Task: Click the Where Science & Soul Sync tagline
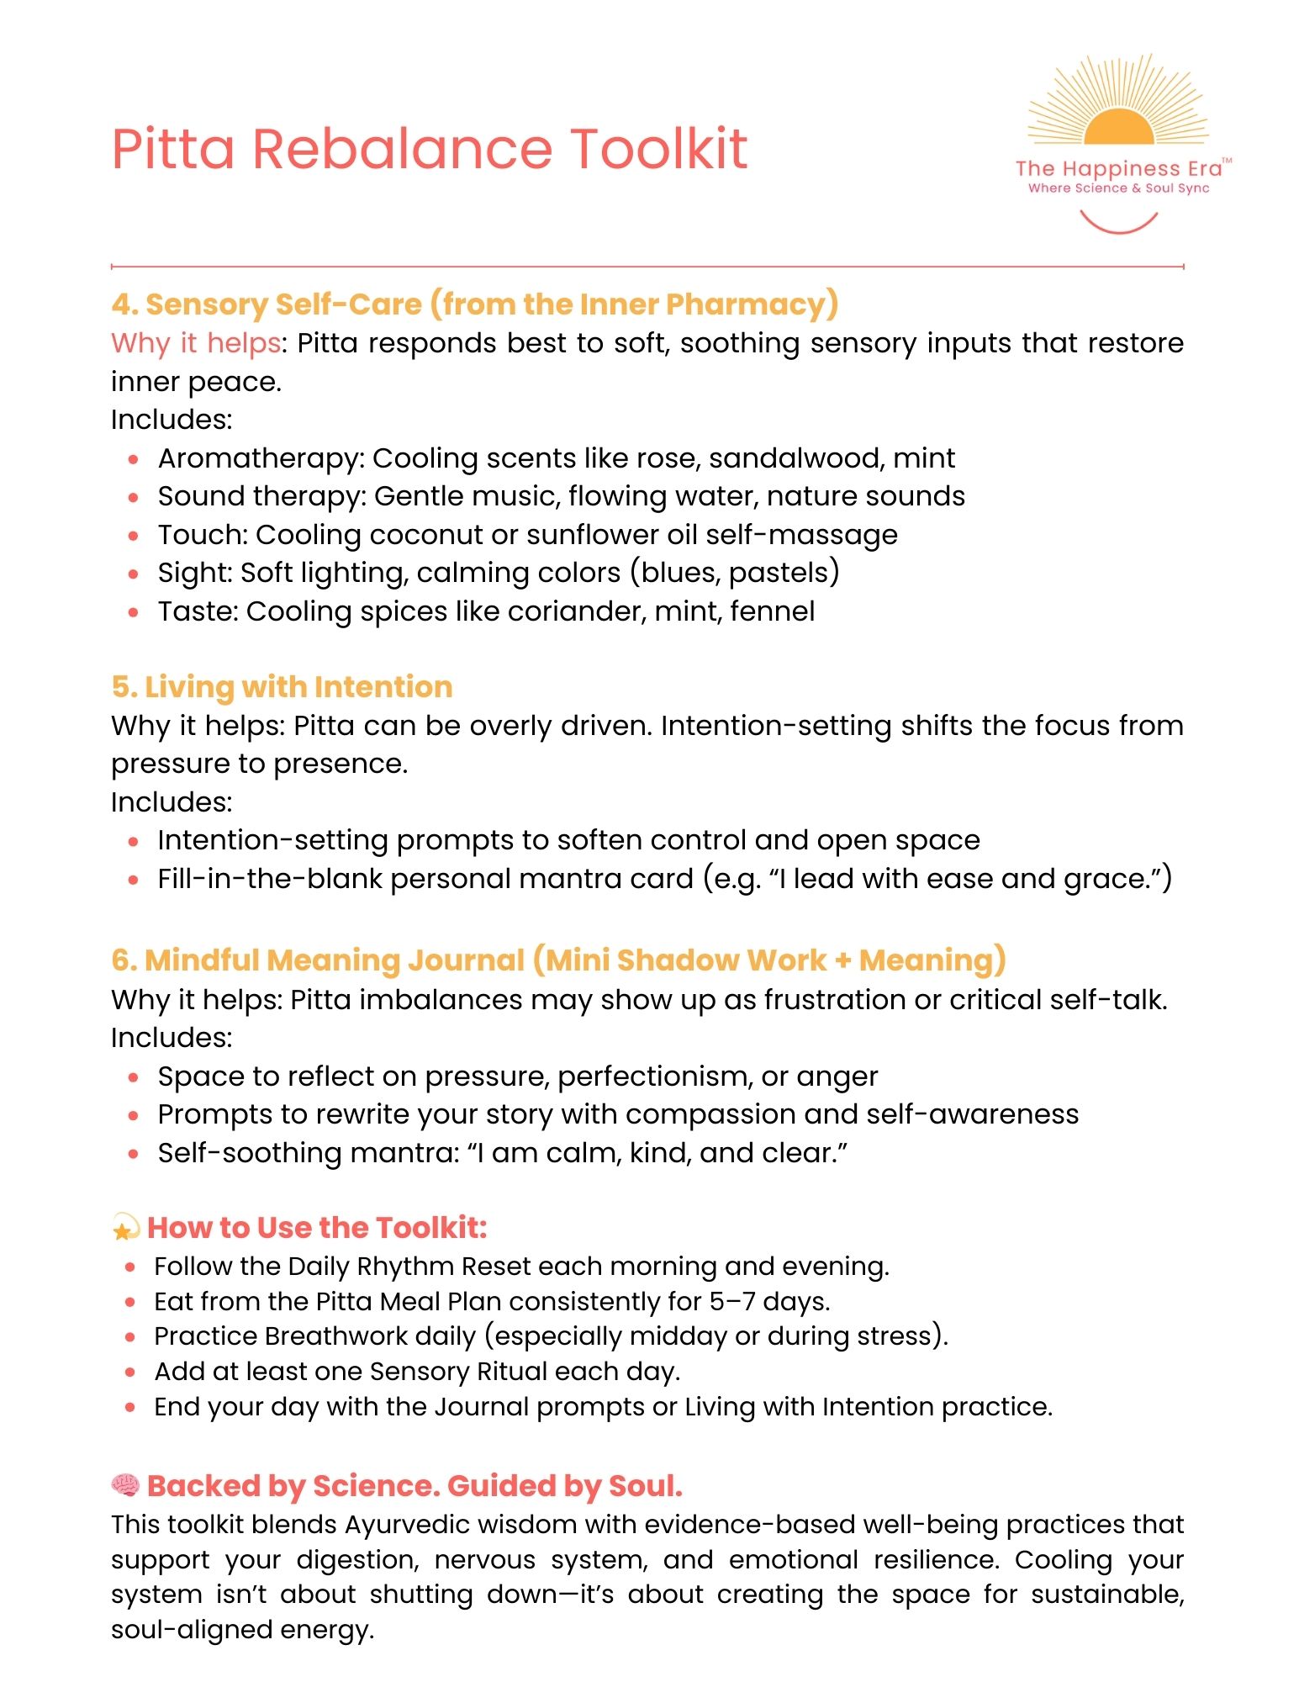(1118, 188)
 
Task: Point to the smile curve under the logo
(1118, 223)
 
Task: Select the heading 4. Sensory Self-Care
(474, 304)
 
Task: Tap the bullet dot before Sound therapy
(133, 497)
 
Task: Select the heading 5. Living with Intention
(282, 687)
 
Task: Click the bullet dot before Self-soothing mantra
(133, 1154)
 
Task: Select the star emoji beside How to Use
(125, 1229)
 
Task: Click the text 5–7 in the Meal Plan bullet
(731, 1302)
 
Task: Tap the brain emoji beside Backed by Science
(125, 1485)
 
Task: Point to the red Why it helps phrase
(195, 343)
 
